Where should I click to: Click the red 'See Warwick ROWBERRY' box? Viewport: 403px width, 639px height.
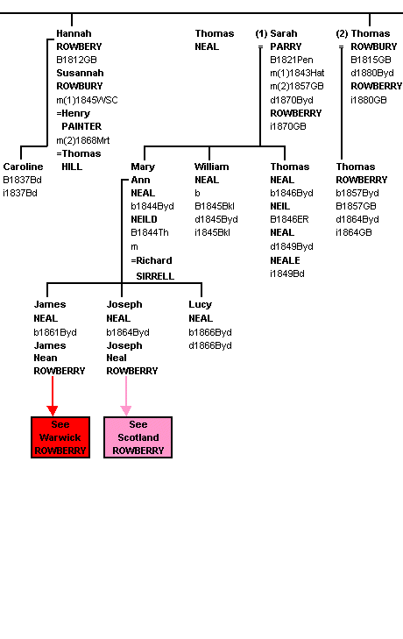click(60, 437)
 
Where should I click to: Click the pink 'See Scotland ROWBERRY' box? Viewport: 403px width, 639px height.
click(138, 437)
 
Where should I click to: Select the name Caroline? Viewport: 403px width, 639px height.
click(24, 167)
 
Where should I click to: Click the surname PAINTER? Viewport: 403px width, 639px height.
click(81, 126)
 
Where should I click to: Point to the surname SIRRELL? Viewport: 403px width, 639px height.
click(155, 276)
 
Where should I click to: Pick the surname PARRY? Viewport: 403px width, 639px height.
click(286, 46)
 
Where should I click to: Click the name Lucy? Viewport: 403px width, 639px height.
click(200, 304)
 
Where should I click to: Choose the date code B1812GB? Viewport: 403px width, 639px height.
click(76, 60)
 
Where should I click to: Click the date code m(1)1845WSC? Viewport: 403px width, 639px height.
click(88, 100)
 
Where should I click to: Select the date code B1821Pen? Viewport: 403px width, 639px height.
click(292, 60)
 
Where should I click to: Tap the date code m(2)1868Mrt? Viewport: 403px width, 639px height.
click(83, 140)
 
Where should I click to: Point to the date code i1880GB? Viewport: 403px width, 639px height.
click(369, 100)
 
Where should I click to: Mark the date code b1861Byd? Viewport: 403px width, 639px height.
click(55, 332)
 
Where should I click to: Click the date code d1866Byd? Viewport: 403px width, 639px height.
click(210, 345)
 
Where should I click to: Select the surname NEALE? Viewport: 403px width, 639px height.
click(285, 260)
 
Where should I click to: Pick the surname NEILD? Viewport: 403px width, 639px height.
click(144, 219)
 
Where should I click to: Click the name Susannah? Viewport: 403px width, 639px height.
click(80, 73)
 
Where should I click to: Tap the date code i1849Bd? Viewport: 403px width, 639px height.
click(287, 273)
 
